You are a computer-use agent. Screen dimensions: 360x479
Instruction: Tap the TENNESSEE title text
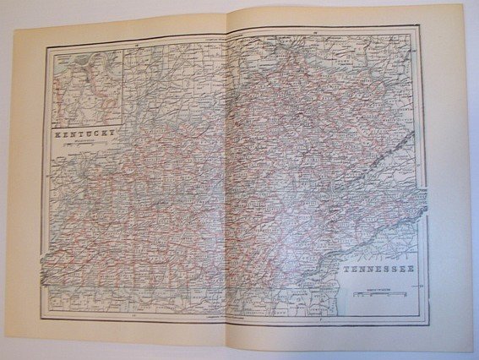[378, 270]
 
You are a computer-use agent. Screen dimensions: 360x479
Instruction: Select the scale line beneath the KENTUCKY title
[84, 145]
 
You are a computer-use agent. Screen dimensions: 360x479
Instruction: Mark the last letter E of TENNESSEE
[412, 270]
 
